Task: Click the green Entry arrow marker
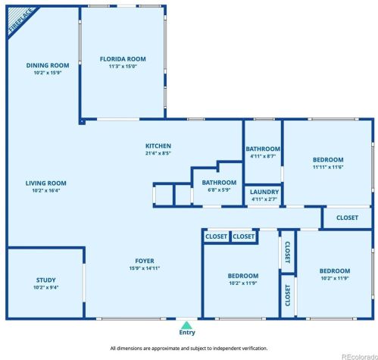(186, 325)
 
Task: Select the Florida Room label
(123, 59)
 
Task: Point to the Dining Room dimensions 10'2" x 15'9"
(48, 73)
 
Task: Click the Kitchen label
(158, 146)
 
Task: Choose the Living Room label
(46, 183)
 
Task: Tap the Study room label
(46, 280)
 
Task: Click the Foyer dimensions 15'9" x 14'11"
(145, 268)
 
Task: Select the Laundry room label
(264, 192)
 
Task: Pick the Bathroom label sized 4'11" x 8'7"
(263, 149)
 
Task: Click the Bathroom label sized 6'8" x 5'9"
(219, 183)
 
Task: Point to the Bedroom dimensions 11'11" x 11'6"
(328, 167)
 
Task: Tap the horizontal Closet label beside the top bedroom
(347, 218)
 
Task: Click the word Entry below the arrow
(187, 333)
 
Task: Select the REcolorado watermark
(360, 357)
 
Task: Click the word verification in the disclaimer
(255, 349)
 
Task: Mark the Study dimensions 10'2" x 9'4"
(46, 287)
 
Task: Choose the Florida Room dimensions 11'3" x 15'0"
(123, 67)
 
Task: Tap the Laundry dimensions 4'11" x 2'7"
(264, 199)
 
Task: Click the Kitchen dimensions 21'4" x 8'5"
(158, 153)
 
